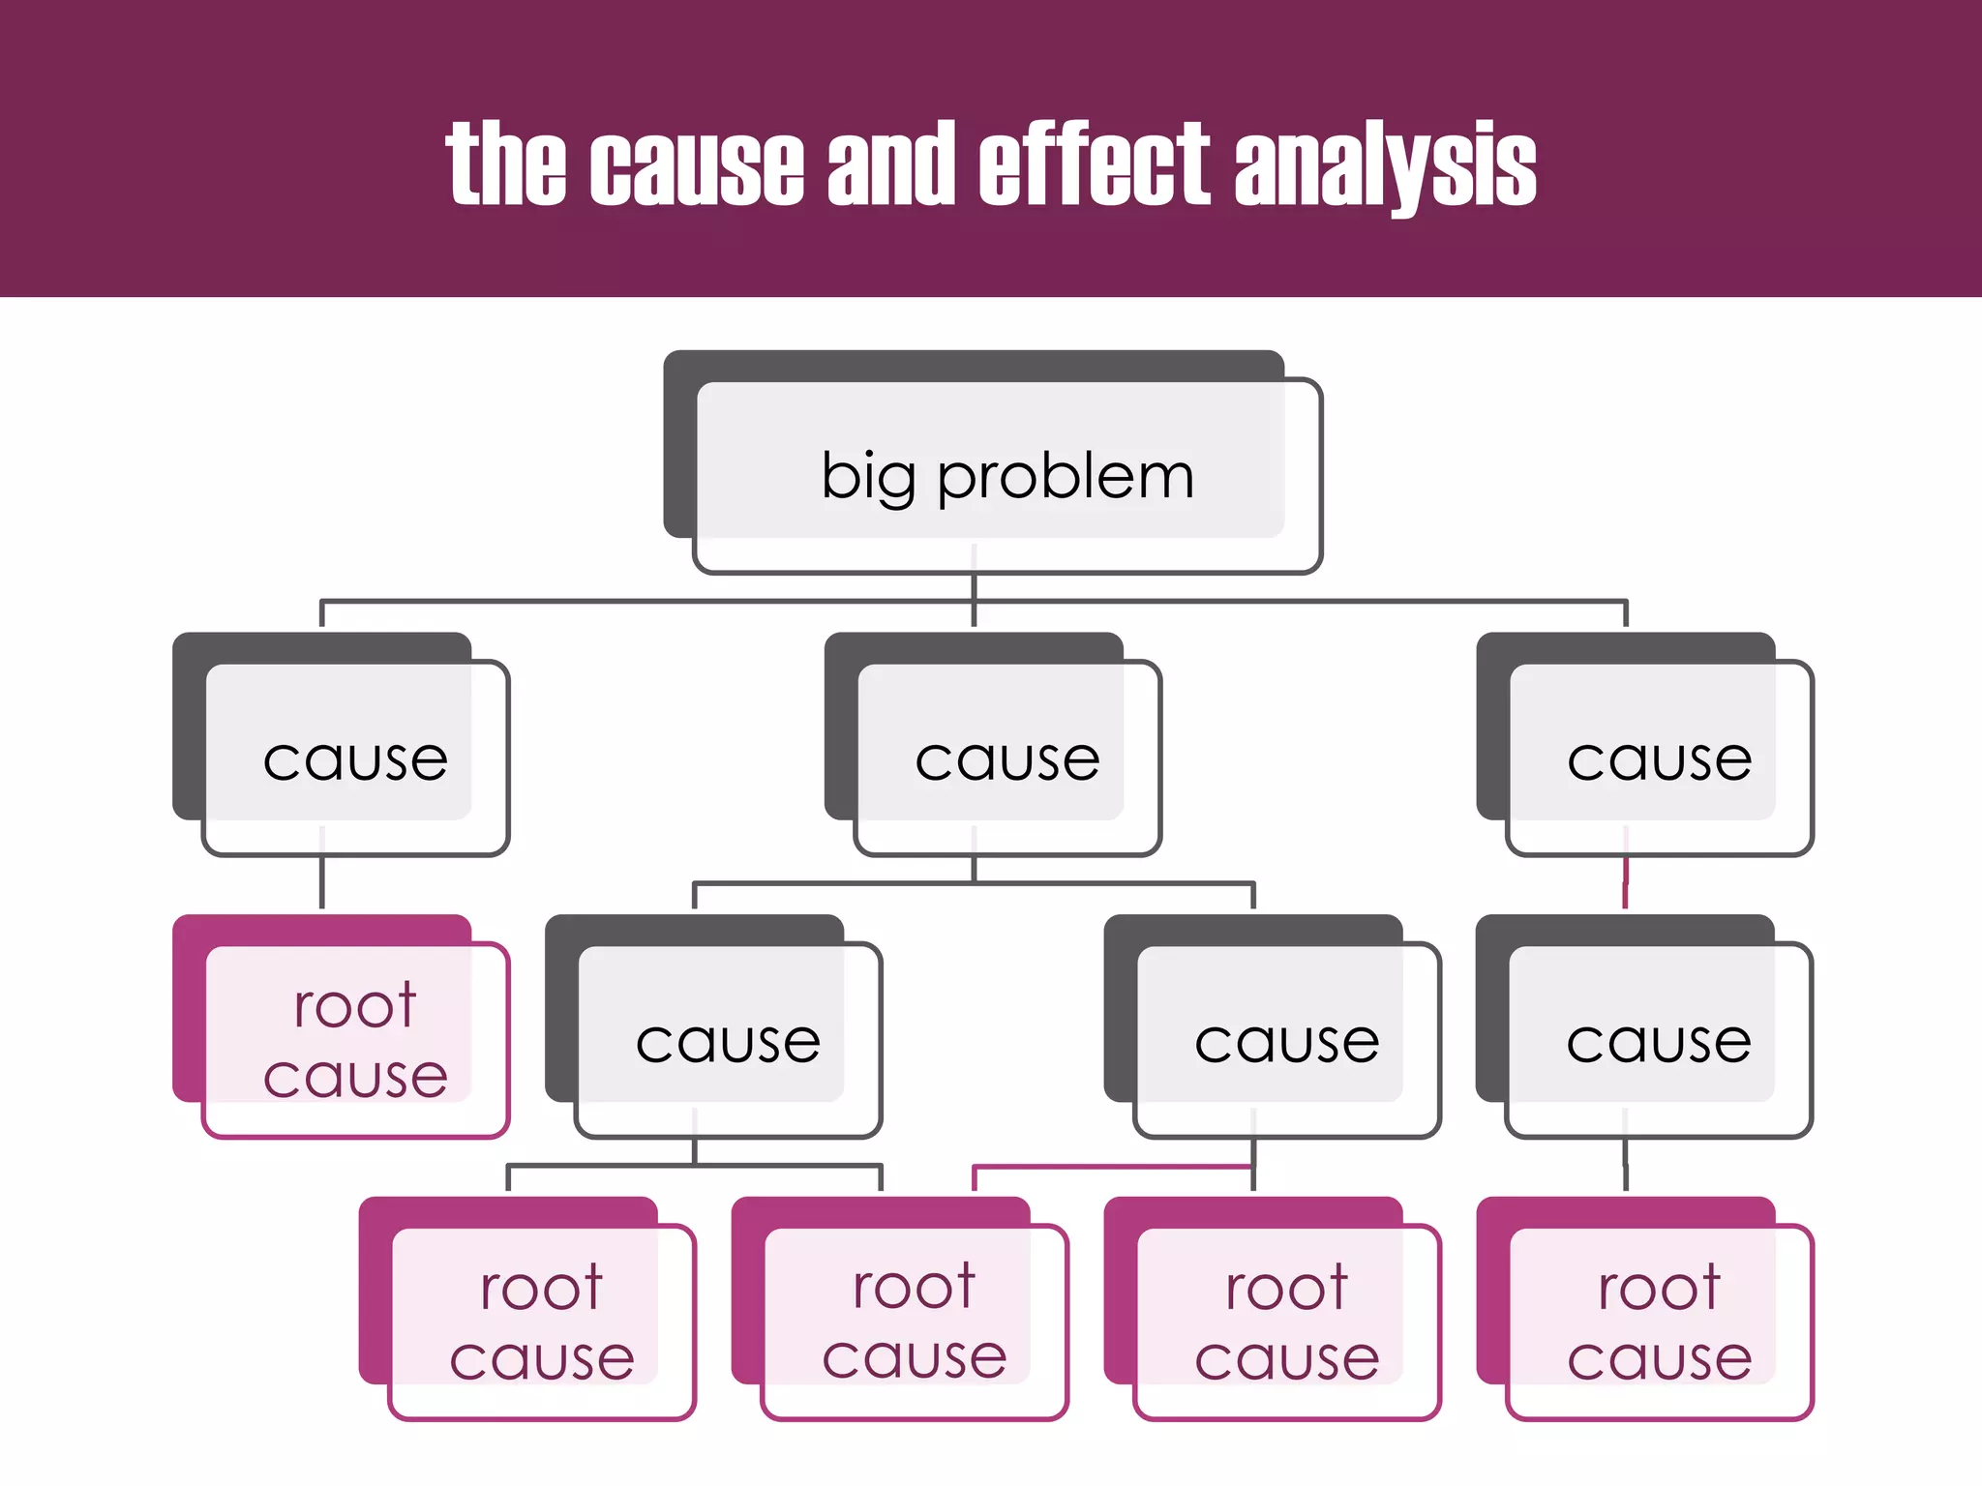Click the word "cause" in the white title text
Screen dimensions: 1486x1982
(697, 166)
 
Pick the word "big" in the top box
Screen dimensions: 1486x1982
(868, 478)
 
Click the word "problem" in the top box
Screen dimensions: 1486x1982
(1066, 478)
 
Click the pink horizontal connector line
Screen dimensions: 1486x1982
(1113, 1168)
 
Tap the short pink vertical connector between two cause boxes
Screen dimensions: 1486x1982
(1625, 882)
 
